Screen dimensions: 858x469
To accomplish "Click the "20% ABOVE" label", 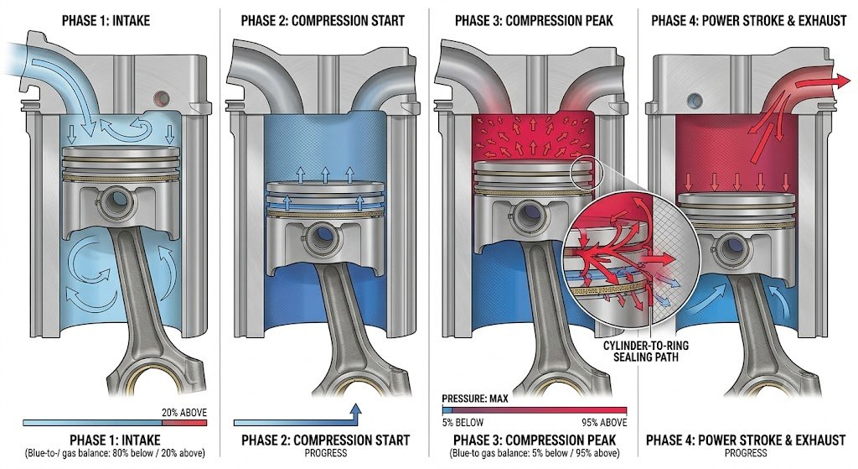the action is [183, 413].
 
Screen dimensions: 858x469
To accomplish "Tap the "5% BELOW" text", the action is [463, 422].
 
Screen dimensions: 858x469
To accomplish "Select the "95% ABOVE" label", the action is [604, 422].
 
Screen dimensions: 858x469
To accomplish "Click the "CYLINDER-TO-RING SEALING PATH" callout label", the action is [646, 352].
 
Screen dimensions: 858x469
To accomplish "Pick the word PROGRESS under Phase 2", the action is [326, 453].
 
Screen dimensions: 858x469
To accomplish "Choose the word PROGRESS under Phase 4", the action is [746, 453].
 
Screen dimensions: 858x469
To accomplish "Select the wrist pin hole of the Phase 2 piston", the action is [322, 237].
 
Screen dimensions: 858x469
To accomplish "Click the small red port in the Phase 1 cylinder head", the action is [162, 99].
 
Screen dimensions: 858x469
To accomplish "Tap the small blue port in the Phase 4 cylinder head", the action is [695, 101].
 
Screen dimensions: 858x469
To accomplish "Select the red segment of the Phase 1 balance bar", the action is [184, 422].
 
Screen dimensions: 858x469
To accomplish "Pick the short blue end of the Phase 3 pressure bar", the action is [447, 409].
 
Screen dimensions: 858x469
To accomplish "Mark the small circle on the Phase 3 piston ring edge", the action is [587, 174].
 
